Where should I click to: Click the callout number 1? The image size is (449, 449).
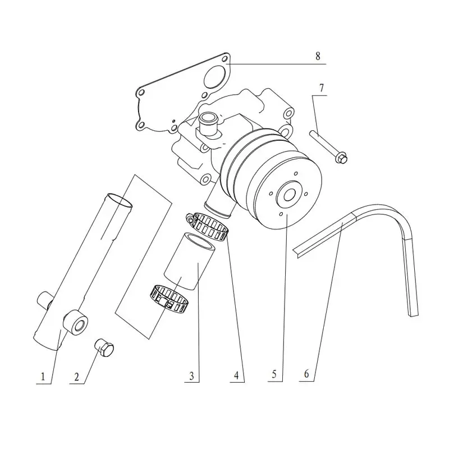43,376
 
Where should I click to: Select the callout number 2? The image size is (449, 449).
76,377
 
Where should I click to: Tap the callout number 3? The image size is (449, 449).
191,375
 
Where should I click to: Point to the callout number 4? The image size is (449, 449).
236,375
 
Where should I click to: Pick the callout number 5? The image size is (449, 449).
274,374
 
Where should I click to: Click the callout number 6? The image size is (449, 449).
306,374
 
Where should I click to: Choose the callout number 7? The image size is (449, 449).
322,88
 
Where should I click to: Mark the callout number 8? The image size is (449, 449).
318,56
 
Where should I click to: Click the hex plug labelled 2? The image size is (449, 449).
104,347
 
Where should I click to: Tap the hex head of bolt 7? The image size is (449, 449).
342,158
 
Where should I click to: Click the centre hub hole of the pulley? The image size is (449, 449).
290,196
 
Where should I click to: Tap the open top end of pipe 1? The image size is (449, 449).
120,200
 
